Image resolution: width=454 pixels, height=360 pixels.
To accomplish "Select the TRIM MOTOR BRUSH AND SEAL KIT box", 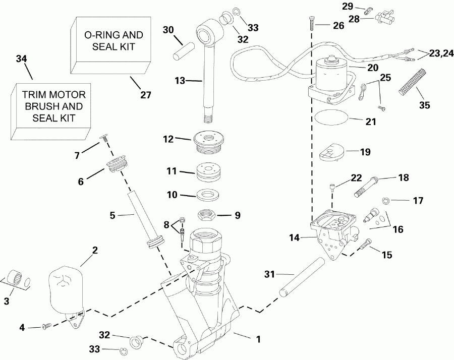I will coord(53,106).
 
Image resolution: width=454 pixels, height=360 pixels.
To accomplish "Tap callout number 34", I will coord(21,59).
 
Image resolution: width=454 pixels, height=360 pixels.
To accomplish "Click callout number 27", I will coord(145,94).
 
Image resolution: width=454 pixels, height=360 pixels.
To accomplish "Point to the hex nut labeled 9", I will coord(207,214).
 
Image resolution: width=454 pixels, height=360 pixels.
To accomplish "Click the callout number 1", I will coord(258,339).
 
